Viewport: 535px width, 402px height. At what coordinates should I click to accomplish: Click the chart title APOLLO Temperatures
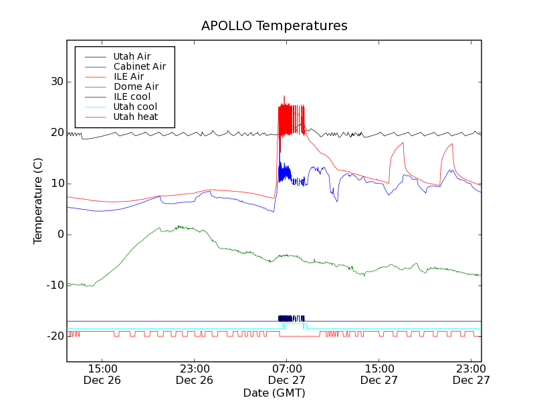pos(274,26)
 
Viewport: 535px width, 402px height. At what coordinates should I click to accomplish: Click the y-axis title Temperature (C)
pos(38,201)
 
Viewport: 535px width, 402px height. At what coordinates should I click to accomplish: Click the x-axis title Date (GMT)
pos(274,393)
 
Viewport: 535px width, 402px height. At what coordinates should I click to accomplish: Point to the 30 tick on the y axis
pos(54,82)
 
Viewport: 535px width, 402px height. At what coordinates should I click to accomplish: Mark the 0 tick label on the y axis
pos(58,234)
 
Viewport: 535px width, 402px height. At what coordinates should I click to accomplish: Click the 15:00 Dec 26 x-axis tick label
pos(103,374)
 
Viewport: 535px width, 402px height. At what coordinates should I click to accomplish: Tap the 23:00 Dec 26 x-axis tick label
pos(195,374)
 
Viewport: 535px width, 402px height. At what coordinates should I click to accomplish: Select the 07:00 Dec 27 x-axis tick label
pos(287,374)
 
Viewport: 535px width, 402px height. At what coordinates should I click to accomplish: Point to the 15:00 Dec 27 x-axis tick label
pos(379,374)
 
